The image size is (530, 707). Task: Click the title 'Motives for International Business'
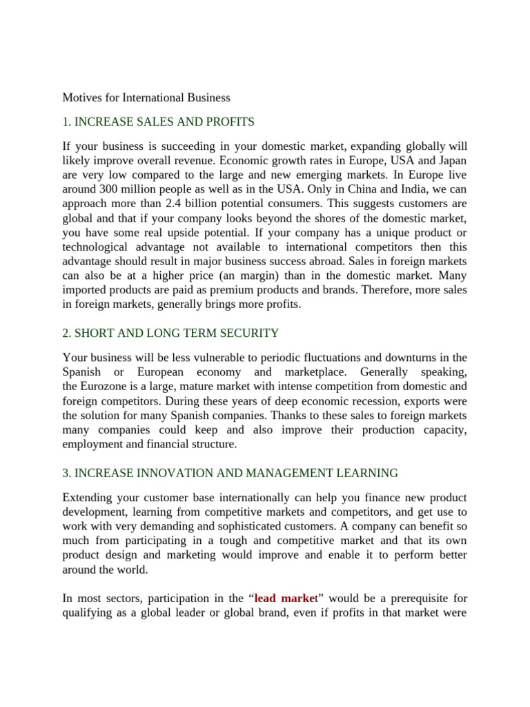click(146, 97)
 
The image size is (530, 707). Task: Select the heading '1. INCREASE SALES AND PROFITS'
click(158, 122)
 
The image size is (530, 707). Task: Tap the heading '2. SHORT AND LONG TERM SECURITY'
click(170, 333)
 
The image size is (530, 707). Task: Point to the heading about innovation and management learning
click(230, 473)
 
